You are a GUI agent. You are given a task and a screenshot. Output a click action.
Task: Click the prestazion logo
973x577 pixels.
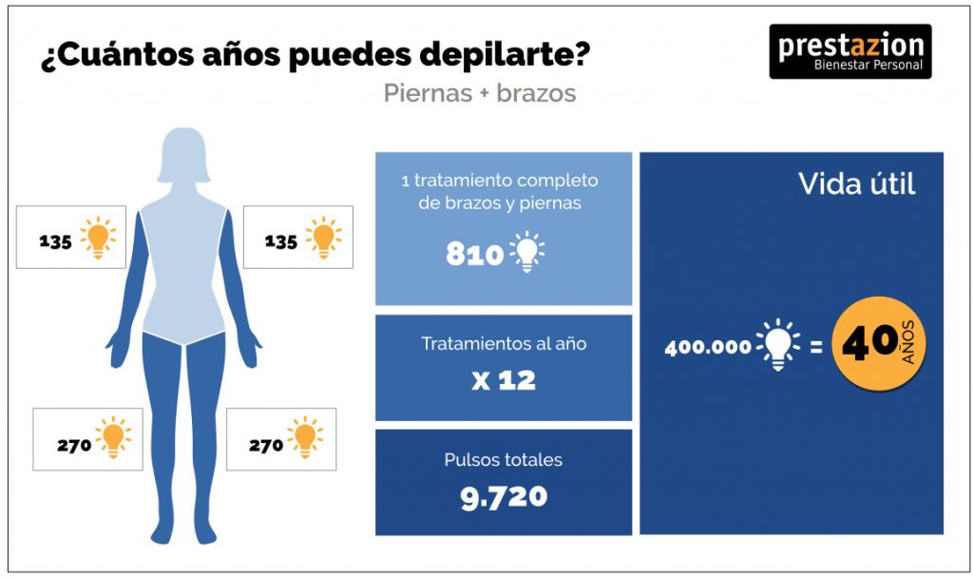[850, 51]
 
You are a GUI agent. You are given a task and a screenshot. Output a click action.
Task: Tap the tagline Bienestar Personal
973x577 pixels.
[868, 66]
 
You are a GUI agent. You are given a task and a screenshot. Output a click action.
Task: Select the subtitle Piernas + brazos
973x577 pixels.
[480, 93]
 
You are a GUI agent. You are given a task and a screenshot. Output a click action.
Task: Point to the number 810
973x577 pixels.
[475, 254]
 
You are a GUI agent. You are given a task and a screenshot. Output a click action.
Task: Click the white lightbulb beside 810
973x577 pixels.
[526, 252]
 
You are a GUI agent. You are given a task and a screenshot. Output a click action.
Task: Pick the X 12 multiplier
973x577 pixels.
[504, 381]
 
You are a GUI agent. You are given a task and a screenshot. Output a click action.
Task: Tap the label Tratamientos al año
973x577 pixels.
[504, 343]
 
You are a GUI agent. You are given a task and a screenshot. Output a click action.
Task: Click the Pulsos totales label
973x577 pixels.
[504, 460]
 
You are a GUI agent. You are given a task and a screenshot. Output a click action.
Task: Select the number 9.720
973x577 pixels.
[504, 497]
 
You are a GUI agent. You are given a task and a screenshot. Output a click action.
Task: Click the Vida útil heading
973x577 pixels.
[856, 183]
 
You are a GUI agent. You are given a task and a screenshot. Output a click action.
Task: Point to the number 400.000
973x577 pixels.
[708, 347]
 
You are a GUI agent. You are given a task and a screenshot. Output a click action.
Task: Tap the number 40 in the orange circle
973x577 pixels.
[869, 343]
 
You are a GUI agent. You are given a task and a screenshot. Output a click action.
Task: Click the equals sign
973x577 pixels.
[816, 347]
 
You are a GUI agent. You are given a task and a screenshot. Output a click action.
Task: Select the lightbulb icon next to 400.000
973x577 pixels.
[778, 344]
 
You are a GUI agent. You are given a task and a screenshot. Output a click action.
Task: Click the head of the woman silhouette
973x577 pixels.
[183, 155]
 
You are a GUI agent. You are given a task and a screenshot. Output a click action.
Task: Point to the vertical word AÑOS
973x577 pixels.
[907, 342]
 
